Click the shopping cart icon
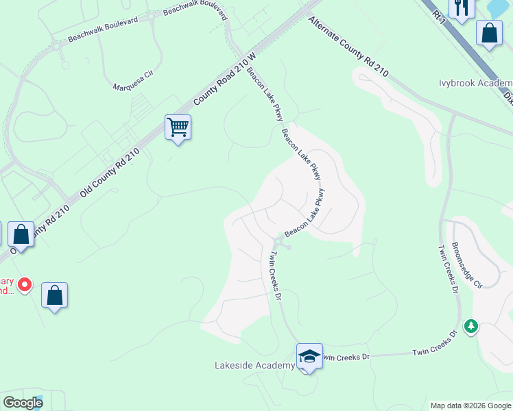point(178,127)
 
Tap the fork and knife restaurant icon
point(461,8)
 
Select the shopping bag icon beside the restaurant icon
point(489,33)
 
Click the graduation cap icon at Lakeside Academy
point(309,356)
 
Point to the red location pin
point(25,284)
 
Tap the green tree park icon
point(470,326)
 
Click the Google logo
point(23,403)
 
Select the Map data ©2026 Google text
point(470,406)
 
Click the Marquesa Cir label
point(135,86)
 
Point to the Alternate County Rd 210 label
point(348,47)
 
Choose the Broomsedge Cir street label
point(467,264)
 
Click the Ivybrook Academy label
point(475,84)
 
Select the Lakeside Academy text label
point(254,366)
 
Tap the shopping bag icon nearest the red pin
point(55,296)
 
